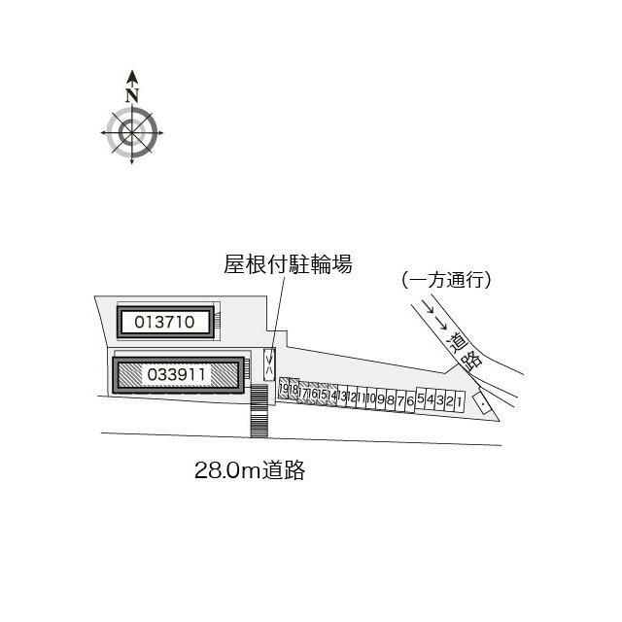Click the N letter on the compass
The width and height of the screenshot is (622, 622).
pos(132,94)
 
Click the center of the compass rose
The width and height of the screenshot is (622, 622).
pos(132,132)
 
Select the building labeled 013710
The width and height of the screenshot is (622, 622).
pos(166,322)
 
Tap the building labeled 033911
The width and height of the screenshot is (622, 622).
pos(178,374)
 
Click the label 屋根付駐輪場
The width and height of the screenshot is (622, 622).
pos(288,263)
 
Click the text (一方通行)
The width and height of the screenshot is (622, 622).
pos(446,280)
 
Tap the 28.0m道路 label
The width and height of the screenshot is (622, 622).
pos(250,471)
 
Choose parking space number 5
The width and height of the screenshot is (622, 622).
pos(421,399)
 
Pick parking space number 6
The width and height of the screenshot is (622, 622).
pos(410,399)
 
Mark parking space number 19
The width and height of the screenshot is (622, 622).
pos(284,391)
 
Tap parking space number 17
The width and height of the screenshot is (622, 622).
pos(303,393)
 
